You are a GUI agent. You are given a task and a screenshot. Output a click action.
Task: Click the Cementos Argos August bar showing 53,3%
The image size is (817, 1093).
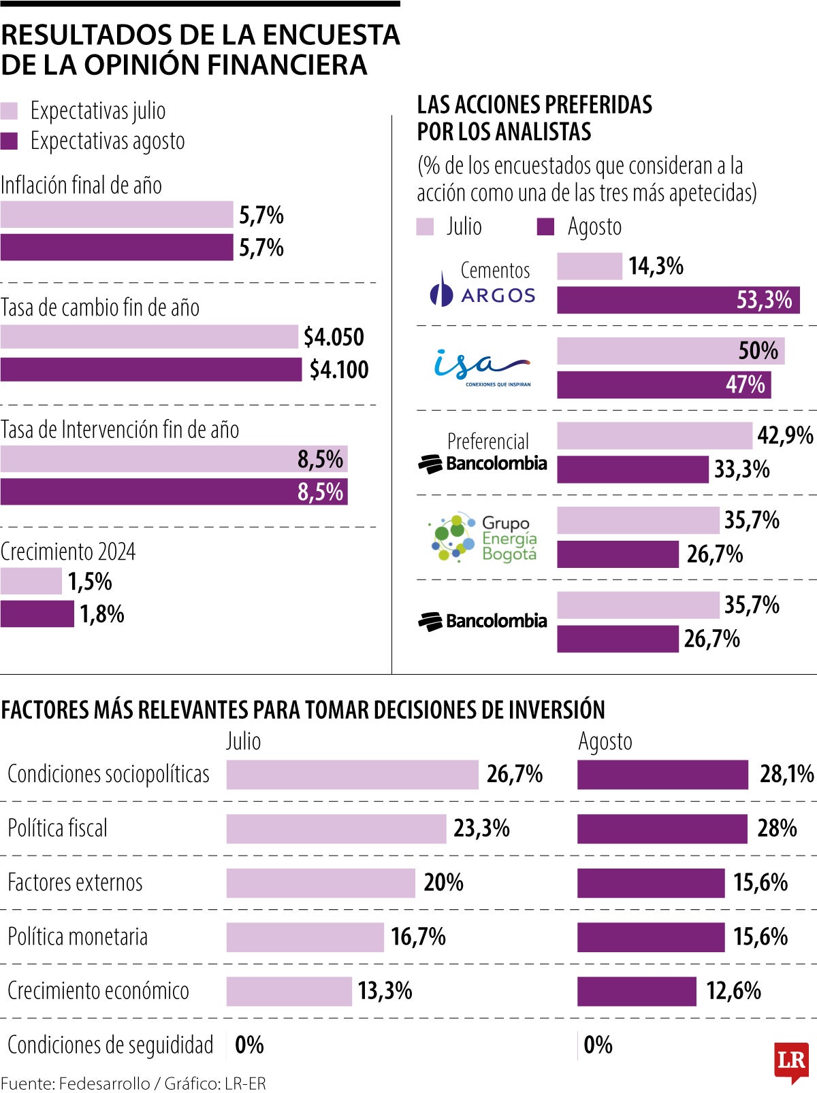(x=677, y=300)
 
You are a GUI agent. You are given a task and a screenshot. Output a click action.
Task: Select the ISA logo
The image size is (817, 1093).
(x=482, y=367)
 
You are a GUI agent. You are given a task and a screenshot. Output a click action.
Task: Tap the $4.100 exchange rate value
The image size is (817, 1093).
(x=339, y=369)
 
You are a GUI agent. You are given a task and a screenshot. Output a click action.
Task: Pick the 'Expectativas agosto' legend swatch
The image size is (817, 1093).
(x=10, y=141)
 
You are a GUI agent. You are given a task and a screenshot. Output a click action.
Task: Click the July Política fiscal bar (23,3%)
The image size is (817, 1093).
(x=336, y=828)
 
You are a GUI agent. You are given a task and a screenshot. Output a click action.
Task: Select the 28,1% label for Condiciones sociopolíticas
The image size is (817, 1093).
(x=786, y=774)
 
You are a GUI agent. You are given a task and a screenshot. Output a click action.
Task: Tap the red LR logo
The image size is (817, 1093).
(x=790, y=1061)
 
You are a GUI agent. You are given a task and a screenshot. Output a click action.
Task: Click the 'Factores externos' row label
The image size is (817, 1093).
(x=75, y=883)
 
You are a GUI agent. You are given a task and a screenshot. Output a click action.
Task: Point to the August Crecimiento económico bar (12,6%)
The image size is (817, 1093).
(x=637, y=991)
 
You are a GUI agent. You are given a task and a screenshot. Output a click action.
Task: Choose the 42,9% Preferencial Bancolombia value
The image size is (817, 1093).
(x=785, y=435)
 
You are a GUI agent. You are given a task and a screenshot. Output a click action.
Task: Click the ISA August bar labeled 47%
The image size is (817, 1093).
(x=664, y=384)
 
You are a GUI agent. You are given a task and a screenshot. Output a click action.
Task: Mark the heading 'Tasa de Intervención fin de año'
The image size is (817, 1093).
(x=120, y=430)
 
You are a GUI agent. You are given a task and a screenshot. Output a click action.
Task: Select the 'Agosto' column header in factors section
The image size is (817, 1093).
(x=605, y=741)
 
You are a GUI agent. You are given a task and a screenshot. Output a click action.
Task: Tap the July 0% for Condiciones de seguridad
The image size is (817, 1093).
(x=249, y=1045)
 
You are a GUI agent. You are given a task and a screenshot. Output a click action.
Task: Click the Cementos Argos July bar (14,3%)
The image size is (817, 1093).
(x=589, y=266)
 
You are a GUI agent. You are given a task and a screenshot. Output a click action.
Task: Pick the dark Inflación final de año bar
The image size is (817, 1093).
(x=116, y=248)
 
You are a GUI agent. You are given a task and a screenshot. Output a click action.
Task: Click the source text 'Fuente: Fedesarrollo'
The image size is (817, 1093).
(x=75, y=1083)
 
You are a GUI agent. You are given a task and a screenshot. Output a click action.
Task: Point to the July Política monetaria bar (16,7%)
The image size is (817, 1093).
(x=305, y=937)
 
